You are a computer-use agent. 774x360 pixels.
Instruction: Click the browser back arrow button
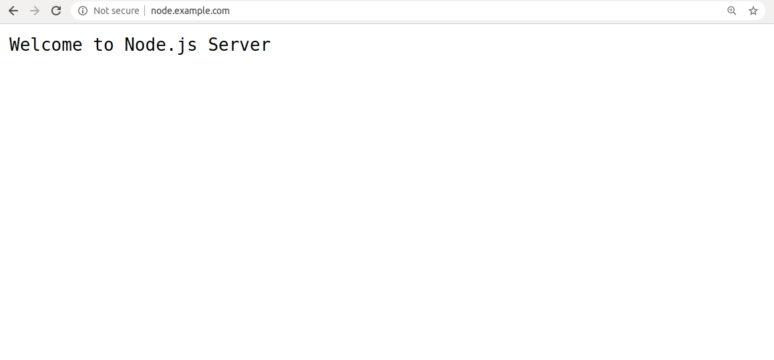coord(13,11)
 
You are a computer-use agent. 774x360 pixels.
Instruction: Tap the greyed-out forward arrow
coord(35,11)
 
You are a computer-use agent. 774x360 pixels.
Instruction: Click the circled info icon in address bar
coord(82,11)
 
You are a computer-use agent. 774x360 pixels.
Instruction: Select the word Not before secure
coord(102,11)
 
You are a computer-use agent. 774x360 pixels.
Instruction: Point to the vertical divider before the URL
coord(145,11)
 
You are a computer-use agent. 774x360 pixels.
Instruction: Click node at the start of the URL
coord(160,11)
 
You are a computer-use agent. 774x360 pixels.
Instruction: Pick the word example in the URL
coord(190,11)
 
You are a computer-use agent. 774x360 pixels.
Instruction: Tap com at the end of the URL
coord(220,11)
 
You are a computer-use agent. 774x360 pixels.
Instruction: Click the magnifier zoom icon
coord(731,11)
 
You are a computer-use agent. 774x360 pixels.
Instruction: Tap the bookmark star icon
coord(753,11)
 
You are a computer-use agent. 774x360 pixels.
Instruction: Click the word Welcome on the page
coord(46,45)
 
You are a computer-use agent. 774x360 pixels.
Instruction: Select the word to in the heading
coord(104,45)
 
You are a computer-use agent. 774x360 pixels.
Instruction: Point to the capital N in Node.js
coord(130,45)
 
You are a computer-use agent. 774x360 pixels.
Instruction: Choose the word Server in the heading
coord(239,45)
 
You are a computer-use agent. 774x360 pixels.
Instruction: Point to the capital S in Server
coord(213,45)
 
